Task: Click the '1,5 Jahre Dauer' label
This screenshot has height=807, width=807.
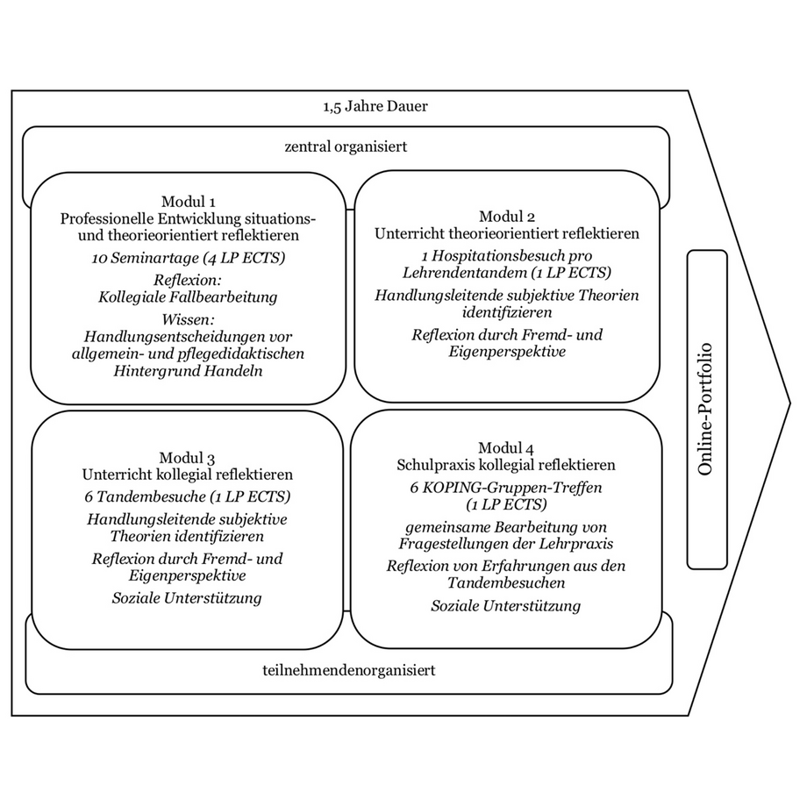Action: point(375,109)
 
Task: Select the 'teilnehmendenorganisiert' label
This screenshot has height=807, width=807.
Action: point(348,671)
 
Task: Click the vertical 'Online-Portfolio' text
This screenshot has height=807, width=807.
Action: point(706,408)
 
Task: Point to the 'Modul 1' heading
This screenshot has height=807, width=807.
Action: point(188,201)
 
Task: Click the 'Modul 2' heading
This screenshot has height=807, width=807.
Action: point(506,217)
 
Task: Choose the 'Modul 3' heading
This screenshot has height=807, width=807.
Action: point(188,457)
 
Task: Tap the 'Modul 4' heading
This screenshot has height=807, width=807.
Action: point(506,447)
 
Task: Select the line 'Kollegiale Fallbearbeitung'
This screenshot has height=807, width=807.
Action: point(188,296)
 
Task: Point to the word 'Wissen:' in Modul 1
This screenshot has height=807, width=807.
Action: point(188,318)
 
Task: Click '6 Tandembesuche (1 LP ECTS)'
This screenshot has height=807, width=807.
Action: point(188,496)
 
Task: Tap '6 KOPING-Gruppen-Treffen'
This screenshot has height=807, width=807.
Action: point(506,487)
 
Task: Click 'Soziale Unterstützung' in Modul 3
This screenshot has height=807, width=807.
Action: point(188,597)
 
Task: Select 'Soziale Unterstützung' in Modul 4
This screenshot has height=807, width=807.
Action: point(506,605)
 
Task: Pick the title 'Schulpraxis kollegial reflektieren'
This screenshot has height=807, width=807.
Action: point(506,465)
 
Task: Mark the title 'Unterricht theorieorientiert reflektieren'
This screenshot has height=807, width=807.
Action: point(506,234)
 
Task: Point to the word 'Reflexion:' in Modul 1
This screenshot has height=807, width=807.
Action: point(188,280)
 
